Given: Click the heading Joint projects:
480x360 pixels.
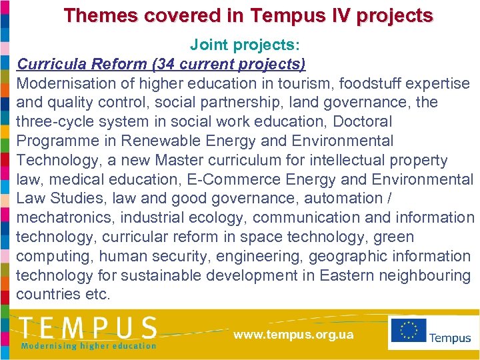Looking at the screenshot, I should click(x=245, y=45).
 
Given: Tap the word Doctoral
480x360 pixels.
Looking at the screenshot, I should click(x=362, y=122).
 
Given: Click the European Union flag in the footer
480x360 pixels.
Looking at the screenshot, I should click(x=408, y=332).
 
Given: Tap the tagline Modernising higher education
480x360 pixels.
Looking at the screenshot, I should click(x=88, y=346).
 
